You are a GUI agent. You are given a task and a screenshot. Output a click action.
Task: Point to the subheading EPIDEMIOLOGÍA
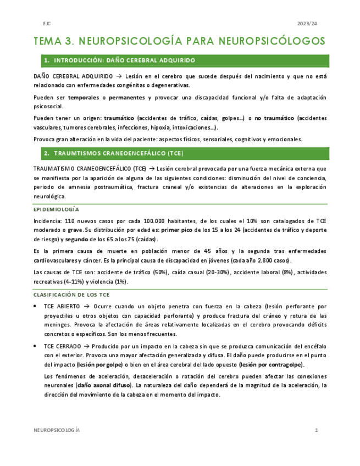pos(57,209)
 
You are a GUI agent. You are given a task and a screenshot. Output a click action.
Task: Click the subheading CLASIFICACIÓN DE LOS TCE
pos(71,295)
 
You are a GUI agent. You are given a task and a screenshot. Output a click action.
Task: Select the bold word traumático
pos(119,118)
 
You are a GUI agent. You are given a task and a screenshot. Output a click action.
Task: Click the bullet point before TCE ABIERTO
pos(36,305)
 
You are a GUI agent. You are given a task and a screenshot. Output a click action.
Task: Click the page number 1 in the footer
pos(317,430)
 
